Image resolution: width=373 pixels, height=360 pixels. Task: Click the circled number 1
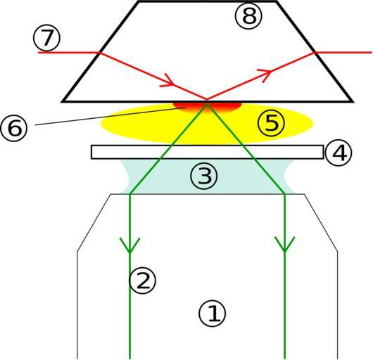point(213,314)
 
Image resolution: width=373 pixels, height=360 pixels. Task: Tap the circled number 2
point(142,280)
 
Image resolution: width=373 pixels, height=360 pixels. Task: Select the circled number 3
point(204,176)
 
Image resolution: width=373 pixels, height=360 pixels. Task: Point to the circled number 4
point(339,153)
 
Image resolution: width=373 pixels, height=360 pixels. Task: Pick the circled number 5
point(271,122)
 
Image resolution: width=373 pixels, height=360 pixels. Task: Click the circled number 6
point(14,128)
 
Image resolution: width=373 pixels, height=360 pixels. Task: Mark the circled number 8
point(248,16)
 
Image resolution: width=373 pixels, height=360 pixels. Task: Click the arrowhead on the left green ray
point(129,245)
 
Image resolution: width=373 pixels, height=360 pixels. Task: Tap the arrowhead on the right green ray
point(285,244)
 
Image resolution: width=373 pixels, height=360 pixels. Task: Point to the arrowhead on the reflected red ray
point(266,75)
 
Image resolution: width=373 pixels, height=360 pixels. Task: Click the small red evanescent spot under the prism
point(208,107)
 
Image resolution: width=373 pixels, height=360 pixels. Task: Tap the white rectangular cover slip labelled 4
point(207,152)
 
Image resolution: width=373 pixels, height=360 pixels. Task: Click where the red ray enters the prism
point(100,53)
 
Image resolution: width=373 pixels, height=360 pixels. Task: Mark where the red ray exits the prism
point(315,52)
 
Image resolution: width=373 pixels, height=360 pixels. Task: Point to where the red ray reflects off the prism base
point(207,100)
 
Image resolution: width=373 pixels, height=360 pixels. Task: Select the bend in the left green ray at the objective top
point(130,194)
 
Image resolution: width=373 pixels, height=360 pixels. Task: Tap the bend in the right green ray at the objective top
point(285,194)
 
